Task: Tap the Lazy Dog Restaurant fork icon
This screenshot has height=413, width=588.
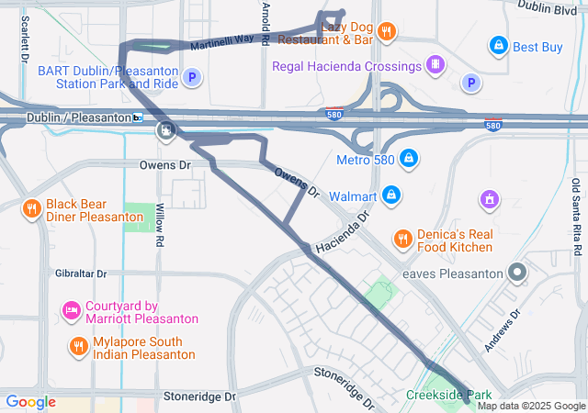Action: coord(387,31)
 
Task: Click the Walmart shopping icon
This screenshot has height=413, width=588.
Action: coord(391,195)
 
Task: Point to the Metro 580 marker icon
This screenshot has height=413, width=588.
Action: coord(410,160)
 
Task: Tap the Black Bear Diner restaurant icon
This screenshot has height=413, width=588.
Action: coord(31,208)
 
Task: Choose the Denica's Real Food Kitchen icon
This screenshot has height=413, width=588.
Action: coord(402,240)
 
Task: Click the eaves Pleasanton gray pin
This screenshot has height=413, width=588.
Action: coord(517,273)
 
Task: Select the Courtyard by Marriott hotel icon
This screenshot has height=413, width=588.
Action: coord(72,312)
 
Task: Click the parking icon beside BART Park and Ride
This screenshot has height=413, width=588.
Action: coord(192,78)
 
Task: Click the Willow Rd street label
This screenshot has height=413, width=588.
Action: coord(160,228)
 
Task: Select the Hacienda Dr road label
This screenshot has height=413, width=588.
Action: coord(341,234)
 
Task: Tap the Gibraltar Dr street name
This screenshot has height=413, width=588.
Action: coord(81,273)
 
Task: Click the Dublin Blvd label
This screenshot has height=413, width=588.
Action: coord(547,7)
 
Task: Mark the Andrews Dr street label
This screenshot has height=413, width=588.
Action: coord(503,326)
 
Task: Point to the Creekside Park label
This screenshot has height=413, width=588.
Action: coord(444,396)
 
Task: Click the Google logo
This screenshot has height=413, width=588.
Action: coord(30,401)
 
